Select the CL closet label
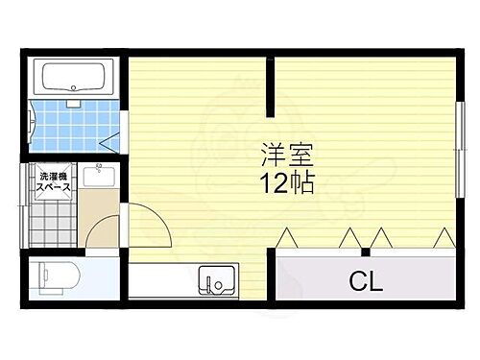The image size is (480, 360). coord(365,282)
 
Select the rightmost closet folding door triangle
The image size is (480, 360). coord(444,236)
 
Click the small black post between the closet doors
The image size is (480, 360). coord(365,252)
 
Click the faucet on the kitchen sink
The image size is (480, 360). coord(216,285)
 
